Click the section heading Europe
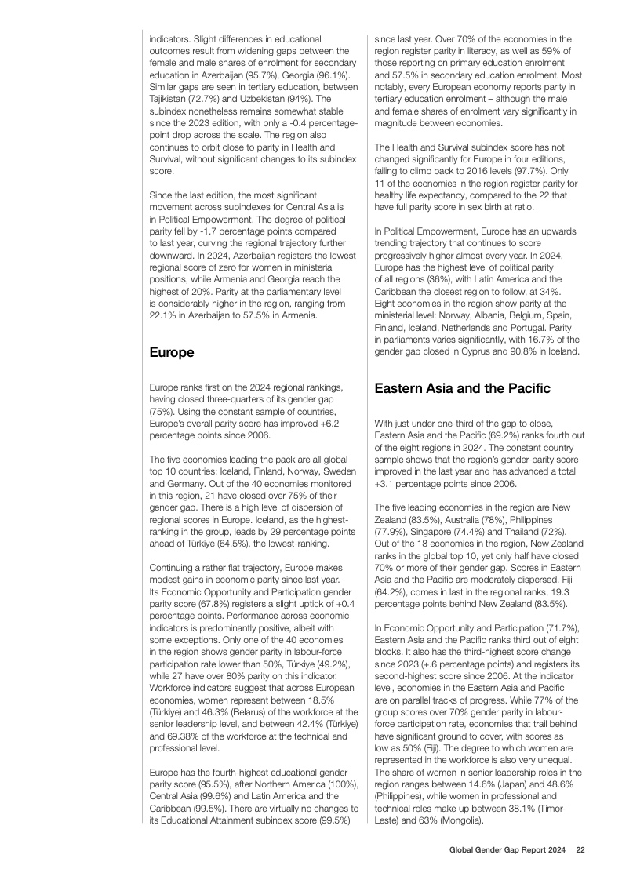(x=172, y=353)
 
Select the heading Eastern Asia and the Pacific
(x=463, y=388)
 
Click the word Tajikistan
(x=169, y=100)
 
